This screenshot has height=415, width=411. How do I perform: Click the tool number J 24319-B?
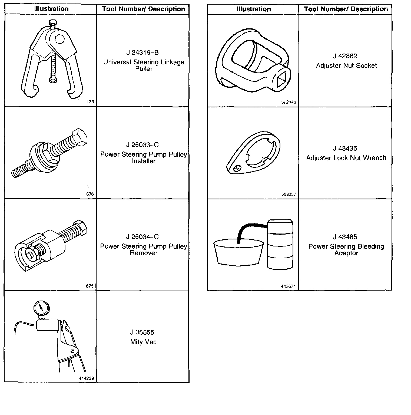point(142,53)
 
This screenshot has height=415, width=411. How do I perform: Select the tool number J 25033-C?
point(142,145)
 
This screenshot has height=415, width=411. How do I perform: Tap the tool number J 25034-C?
point(142,237)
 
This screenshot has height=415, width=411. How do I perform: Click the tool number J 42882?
point(345,56)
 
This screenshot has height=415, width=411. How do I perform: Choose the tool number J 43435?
point(345,149)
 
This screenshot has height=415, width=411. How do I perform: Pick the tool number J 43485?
point(345,237)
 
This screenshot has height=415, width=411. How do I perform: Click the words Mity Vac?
point(143,342)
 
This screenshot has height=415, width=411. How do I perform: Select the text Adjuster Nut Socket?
point(346,66)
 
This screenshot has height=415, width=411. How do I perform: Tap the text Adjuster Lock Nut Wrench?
point(346,158)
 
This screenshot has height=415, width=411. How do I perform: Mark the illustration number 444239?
point(87,378)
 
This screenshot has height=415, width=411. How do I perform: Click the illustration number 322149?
point(289,102)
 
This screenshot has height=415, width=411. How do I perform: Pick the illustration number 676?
point(90,194)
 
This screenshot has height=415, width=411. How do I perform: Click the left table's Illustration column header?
point(51,9)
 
